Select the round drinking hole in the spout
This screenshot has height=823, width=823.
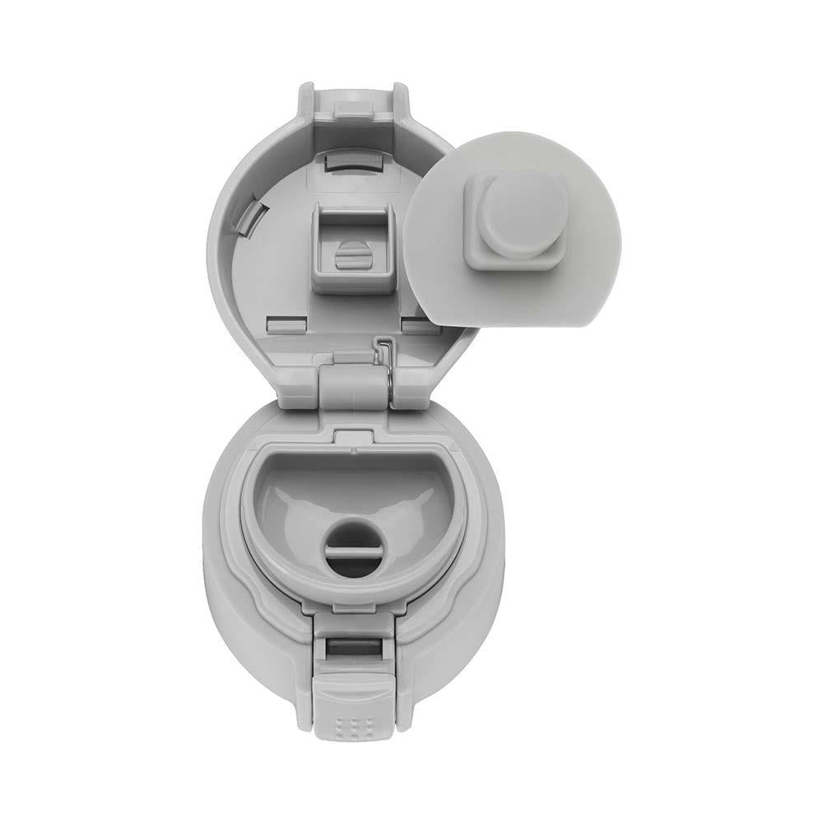pos(355,552)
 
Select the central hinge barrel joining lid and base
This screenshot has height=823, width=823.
pos(354,385)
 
